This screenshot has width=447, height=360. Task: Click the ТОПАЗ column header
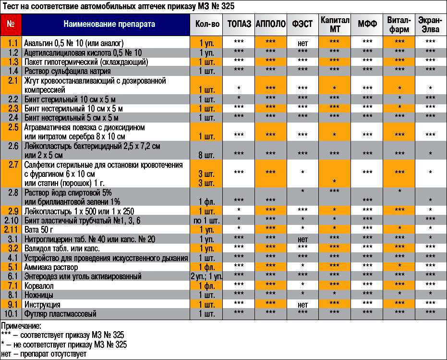point(239,24)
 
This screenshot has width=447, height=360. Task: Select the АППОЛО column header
point(271,24)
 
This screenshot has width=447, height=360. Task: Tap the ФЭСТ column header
point(302,24)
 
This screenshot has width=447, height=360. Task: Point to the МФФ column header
point(367,24)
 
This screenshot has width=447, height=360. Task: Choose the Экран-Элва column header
point(430,24)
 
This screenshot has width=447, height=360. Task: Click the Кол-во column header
point(207,24)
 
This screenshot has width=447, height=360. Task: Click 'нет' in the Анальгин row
point(302,43)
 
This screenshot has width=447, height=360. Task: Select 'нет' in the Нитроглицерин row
point(302,239)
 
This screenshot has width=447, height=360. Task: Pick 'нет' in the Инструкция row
point(302,305)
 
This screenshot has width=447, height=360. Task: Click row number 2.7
point(13,165)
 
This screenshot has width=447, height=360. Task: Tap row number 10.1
point(12,314)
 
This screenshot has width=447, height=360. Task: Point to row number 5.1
point(13,267)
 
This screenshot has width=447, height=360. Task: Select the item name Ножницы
point(38,295)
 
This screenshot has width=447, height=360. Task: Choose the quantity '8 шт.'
point(207,155)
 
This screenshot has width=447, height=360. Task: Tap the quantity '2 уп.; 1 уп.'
point(207,276)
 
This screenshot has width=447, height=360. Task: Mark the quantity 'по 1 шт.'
point(207,220)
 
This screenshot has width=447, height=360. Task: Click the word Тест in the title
point(10,6)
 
